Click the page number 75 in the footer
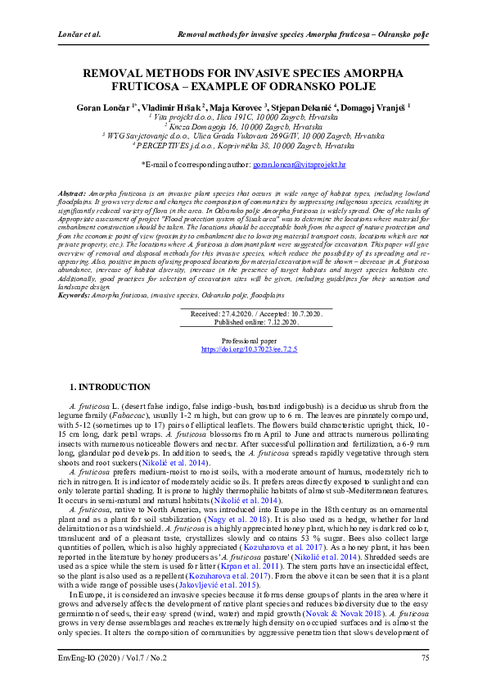(x=425, y=658)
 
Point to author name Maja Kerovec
(x=240, y=107)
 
